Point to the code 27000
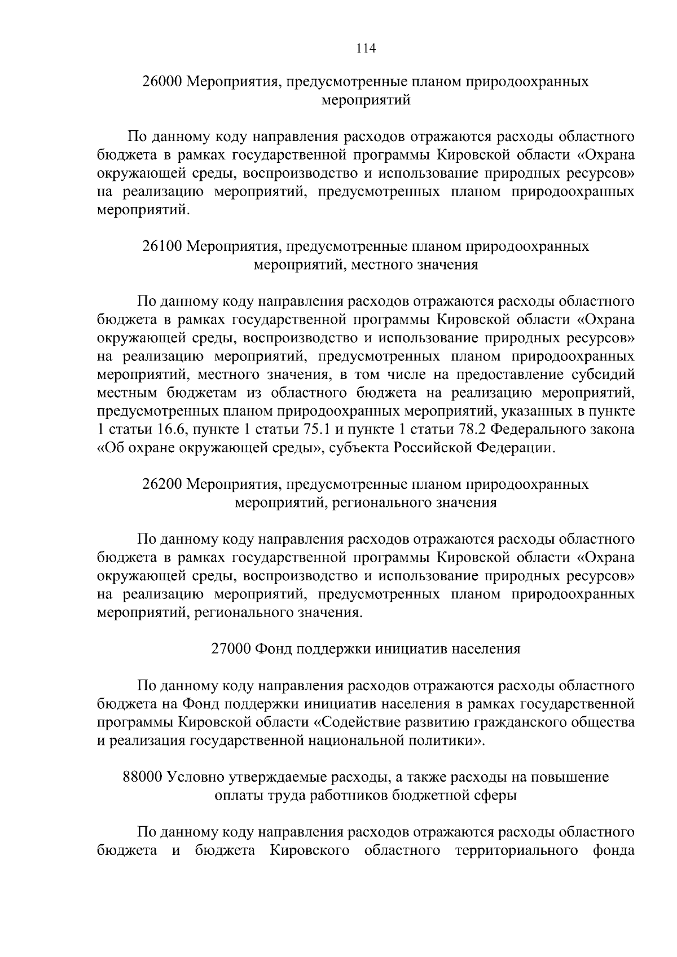pos(231,649)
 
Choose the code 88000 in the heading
pos(142,777)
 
